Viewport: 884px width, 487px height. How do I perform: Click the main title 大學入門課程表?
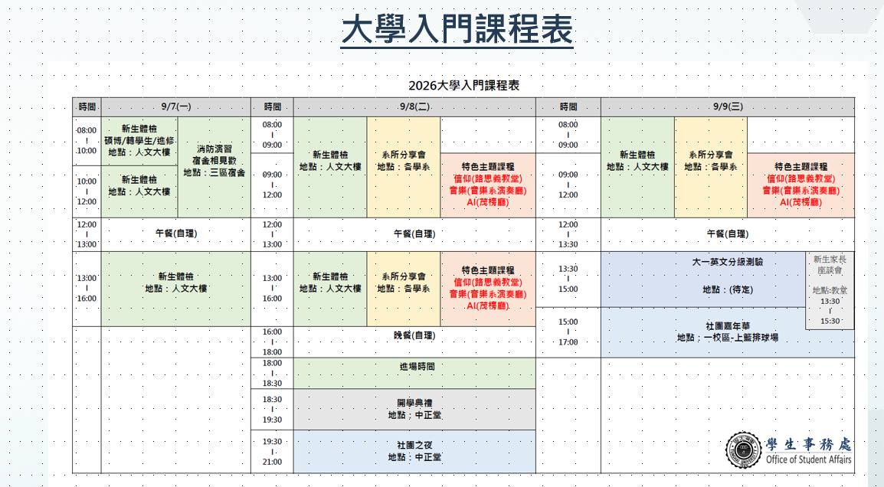tap(457, 29)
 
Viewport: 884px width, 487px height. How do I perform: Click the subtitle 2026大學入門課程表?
tap(464, 86)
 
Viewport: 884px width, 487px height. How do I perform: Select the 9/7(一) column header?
tap(176, 106)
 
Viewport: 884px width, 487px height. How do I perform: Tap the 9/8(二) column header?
tap(414, 106)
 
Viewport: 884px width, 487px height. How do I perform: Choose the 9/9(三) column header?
tap(728, 106)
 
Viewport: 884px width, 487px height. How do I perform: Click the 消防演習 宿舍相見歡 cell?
tap(214, 167)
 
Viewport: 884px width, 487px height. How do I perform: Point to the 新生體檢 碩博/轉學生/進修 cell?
tap(139, 141)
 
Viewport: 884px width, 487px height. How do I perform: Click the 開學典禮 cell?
tap(414, 409)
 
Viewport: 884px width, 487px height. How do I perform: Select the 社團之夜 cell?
tap(414, 452)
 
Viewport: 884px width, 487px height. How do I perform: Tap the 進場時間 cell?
tap(414, 373)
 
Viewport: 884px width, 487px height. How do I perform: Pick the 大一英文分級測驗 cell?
tap(703, 279)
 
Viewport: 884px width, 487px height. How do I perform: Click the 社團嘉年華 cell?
tap(727, 332)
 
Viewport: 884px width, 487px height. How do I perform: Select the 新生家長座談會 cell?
tap(830, 290)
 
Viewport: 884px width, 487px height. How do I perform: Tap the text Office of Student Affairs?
tap(808, 459)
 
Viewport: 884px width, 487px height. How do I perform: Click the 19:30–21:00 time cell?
tap(272, 452)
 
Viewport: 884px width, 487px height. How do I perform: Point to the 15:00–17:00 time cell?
tap(568, 332)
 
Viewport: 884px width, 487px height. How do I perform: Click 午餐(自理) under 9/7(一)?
tap(176, 234)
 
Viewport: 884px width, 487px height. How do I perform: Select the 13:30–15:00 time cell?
tap(568, 279)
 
